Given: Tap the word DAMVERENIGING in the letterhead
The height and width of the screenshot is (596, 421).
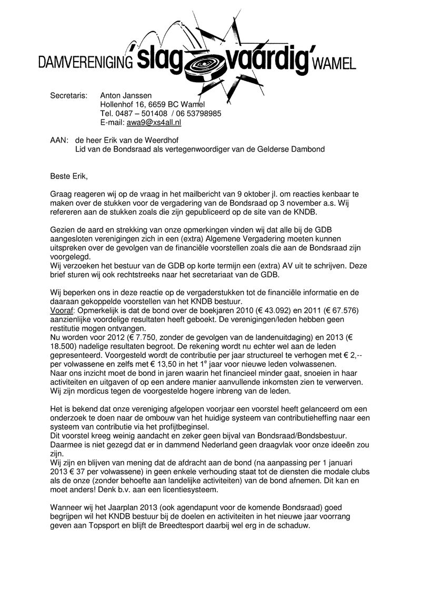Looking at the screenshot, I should click(84, 63).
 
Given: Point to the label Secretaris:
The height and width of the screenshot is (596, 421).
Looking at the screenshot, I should click(68, 95).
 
